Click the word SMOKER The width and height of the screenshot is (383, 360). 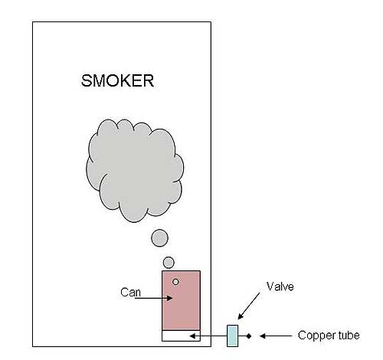point(117,80)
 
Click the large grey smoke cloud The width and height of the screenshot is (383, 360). point(135,170)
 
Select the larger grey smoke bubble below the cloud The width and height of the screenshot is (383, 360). point(159,238)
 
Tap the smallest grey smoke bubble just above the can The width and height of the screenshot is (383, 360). point(169,263)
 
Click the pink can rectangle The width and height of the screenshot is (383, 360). point(181,300)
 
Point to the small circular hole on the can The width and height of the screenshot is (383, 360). point(175,282)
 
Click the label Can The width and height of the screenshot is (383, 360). point(130,293)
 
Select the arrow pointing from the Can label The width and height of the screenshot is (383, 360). point(153,298)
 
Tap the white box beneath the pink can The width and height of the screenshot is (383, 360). point(181,335)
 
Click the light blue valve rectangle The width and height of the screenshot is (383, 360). point(232,335)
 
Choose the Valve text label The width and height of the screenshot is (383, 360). point(280,286)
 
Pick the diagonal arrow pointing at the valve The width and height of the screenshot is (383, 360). point(249,306)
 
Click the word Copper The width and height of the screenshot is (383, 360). point(316,335)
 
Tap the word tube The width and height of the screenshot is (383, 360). point(349,335)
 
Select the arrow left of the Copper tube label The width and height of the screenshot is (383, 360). point(276,336)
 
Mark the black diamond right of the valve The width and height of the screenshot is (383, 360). point(249,336)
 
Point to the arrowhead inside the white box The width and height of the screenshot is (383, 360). point(192,336)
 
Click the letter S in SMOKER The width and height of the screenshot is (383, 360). point(87,80)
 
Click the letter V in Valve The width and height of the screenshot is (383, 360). point(270,286)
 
